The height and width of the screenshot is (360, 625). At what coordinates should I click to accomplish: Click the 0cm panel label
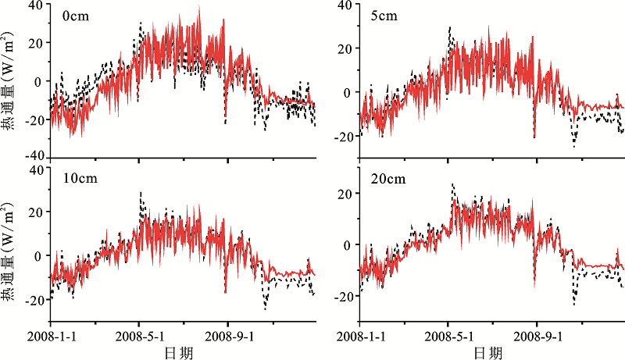pyautogui.click(x=76, y=16)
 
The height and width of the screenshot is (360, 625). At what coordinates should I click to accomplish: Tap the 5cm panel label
pyautogui.click(x=384, y=16)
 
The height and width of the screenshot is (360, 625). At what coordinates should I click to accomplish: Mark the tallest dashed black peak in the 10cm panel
pyautogui.click(x=141, y=193)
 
